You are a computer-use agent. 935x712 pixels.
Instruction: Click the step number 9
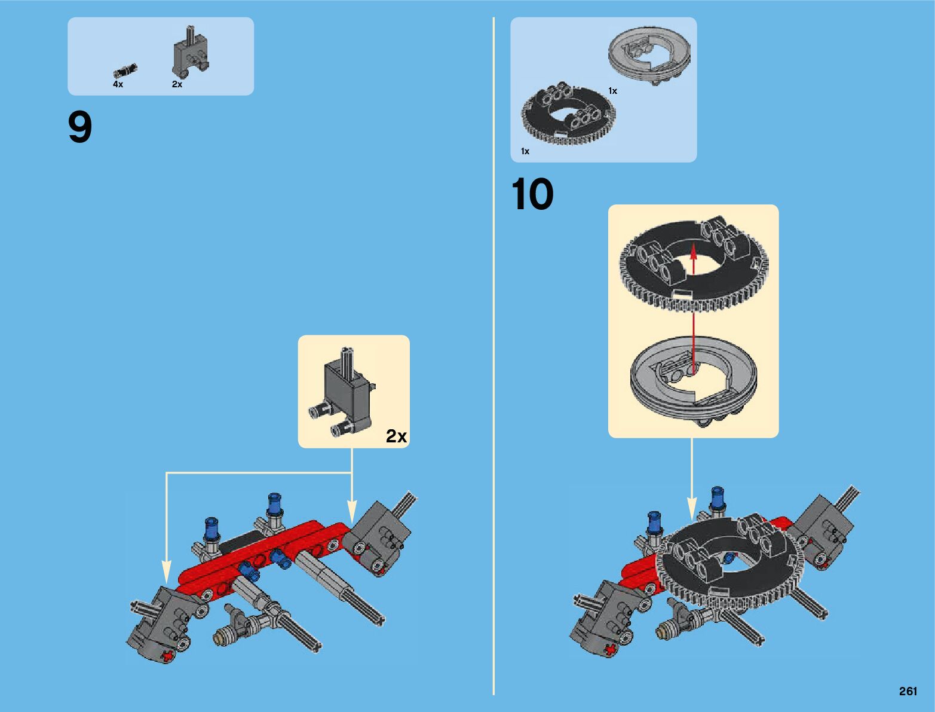(x=80, y=127)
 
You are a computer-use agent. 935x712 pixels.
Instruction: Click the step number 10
(x=532, y=194)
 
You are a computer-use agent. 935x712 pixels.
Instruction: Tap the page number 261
(x=908, y=691)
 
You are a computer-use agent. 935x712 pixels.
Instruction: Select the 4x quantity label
(x=118, y=84)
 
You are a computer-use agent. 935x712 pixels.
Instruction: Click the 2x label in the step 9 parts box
(x=177, y=84)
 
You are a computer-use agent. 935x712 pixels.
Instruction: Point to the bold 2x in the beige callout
(x=396, y=436)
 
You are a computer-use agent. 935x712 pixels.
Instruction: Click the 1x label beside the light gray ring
(x=612, y=91)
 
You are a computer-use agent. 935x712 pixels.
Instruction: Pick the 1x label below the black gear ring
(x=525, y=151)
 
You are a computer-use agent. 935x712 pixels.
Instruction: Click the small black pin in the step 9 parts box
(x=125, y=70)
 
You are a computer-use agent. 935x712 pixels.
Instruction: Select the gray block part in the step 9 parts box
(x=190, y=53)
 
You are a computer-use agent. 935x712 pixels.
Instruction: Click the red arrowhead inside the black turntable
(x=694, y=252)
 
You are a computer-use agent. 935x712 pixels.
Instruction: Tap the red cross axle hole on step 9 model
(x=169, y=656)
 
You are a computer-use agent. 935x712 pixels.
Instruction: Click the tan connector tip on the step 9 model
(x=220, y=638)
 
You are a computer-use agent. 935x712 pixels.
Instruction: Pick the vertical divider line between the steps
(x=493, y=356)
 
